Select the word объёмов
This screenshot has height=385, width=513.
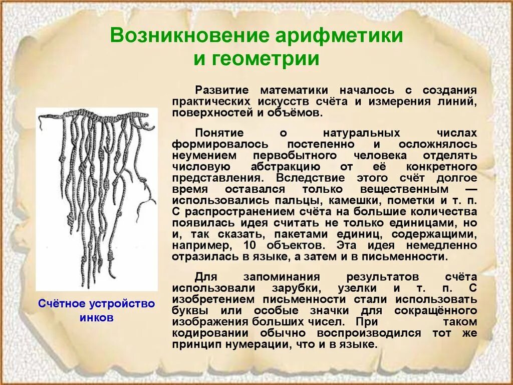click(294, 112)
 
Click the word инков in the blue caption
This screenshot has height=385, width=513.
click(96, 318)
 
